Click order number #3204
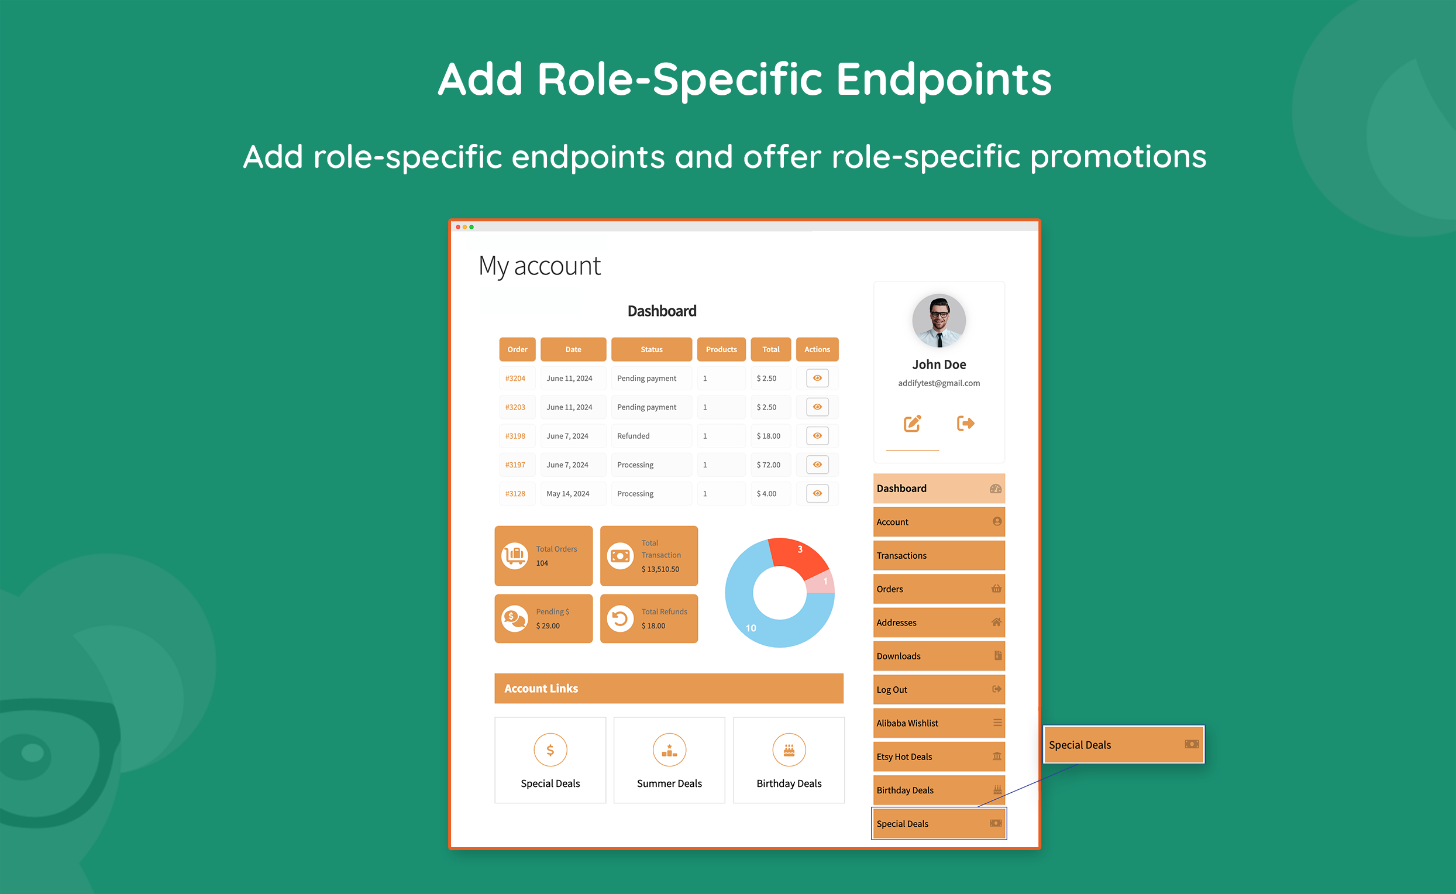pos(515,379)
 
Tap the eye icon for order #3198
pos(817,436)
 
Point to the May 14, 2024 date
pos(567,494)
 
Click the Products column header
pos(721,349)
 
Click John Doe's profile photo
pos(939,321)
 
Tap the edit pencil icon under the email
pos(912,424)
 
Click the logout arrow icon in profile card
pos(965,424)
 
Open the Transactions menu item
pos(939,556)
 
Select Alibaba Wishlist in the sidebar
pos(939,723)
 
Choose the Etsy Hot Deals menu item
pos(939,757)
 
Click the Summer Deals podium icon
pos(669,750)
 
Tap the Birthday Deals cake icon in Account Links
pos(789,750)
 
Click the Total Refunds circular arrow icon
pos(620,618)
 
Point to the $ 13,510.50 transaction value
pos(660,569)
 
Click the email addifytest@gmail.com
pos(939,383)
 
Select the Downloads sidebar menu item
pos(939,656)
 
